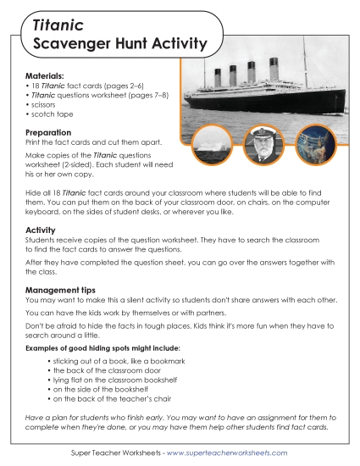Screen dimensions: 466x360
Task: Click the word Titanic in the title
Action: click(x=58, y=27)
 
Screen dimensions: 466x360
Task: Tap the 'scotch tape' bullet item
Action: click(x=50, y=114)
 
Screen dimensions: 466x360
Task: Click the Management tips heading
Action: click(x=69, y=290)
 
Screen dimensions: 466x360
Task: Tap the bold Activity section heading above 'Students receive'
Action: click(x=41, y=230)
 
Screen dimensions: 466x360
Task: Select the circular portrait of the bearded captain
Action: click(x=262, y=146)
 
